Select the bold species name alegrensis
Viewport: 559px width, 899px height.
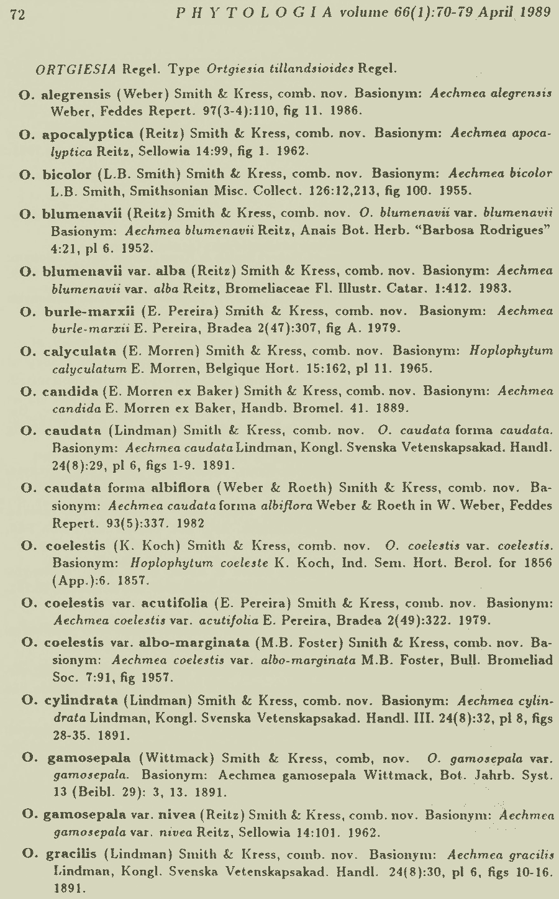76,95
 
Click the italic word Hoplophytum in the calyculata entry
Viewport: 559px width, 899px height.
511,351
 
